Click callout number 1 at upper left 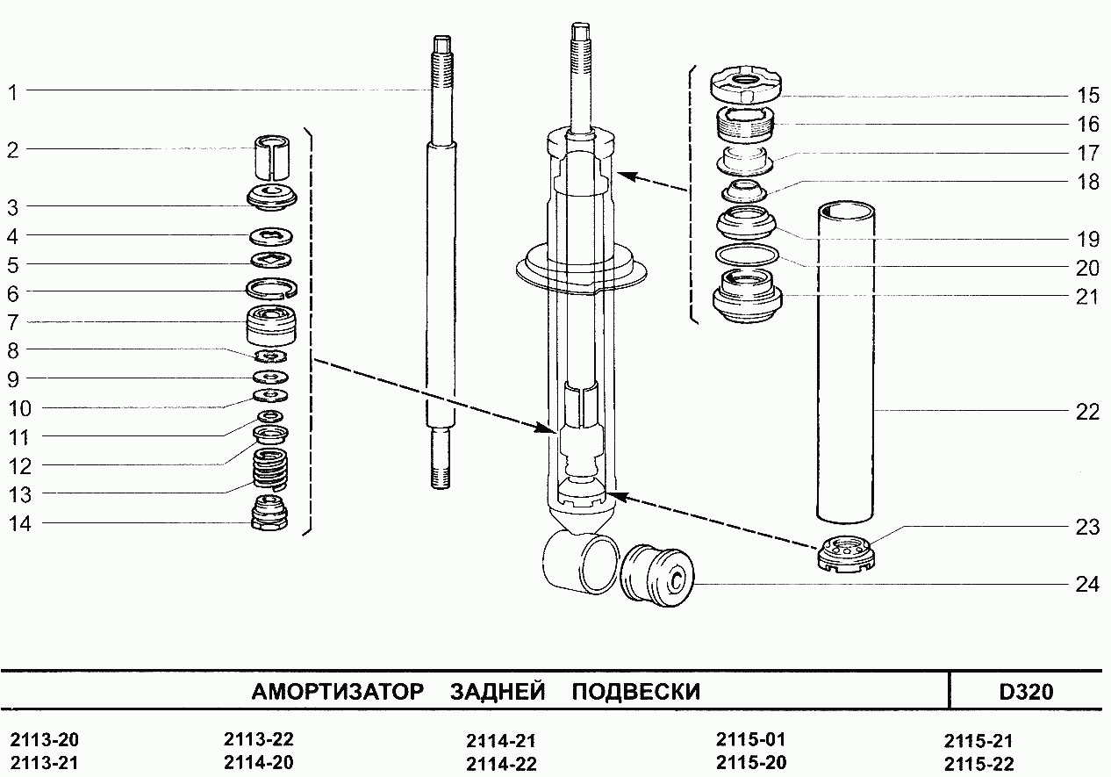13,93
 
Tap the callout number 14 20,524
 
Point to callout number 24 1087,585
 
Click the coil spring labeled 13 271,468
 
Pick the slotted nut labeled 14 270,513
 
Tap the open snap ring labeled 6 272,288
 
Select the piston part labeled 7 271,326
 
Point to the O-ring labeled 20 747,255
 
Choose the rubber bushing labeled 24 656,575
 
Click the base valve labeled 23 846,555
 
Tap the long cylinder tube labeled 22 846,362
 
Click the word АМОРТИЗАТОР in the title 338,692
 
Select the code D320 1026,692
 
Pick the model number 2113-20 44,740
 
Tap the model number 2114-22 501,764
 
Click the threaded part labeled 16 746,126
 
